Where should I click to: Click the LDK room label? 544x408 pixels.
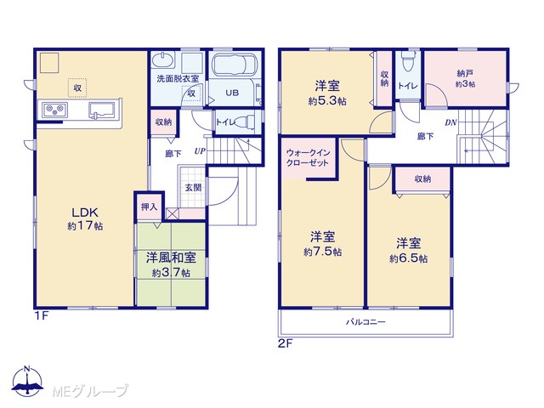[x=85, y=212]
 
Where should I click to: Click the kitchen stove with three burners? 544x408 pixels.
[x=54, y=110]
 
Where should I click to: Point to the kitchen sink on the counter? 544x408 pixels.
[x=102, y=110]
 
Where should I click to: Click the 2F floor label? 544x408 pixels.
[x=286, y=343]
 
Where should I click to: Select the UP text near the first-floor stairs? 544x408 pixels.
[x=200, y=151]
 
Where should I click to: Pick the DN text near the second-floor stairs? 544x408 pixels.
[x=450, y=122]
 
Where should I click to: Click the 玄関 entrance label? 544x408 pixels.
[x=193, y=187]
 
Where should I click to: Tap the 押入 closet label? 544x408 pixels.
[x=150, y=207]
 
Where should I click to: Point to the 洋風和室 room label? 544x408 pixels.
[x=171, y=258]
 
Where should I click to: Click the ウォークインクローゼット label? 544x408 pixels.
[x=308, y=157]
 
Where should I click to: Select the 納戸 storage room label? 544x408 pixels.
[x=465, y=73]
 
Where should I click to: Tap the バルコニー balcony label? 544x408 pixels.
[x=365, y=322]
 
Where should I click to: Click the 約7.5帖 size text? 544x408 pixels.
[x=323, y=252]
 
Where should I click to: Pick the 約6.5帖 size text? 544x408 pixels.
[x=408, y=258]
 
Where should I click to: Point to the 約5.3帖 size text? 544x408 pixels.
[x=327, y=101]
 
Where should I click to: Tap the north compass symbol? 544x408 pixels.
[x=27, y=381]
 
